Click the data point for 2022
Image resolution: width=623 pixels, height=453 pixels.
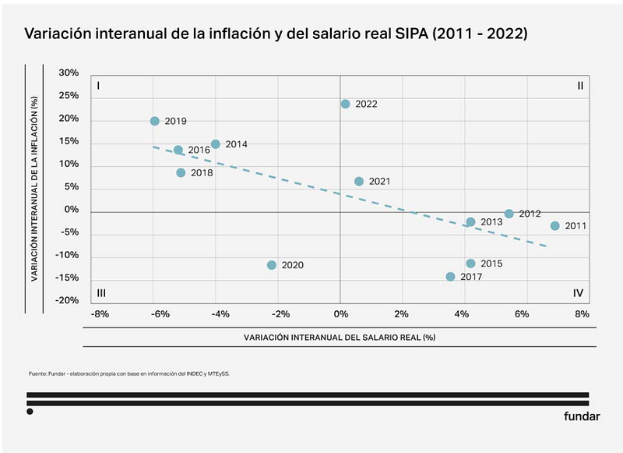[x=345, y=104]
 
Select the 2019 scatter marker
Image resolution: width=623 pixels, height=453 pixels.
[x=155, y=121]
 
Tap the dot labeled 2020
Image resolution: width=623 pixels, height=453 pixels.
[x=272, y=265]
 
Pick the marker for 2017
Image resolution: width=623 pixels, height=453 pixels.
[x=450, y=277]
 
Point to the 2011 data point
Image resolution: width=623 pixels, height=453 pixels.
[x=555, y=226]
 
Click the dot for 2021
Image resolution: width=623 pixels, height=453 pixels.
[x=359, y=181]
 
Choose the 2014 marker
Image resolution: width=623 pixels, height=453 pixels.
[x=216, y=144]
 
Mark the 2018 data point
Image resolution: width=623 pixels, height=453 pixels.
[x=181, y=172]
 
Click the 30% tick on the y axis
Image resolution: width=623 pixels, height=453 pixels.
[x=69, y=73]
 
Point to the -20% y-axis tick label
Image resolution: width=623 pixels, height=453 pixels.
[x=67, y=301]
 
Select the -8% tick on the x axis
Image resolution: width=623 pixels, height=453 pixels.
[x=99, y=314]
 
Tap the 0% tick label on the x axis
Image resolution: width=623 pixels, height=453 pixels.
[x=340, y=314]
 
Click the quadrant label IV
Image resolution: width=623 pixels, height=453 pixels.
[x=579, y=293]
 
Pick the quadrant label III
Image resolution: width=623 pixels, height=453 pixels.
[x=101, y=293]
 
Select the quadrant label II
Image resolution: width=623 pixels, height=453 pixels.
[x=580, y=86]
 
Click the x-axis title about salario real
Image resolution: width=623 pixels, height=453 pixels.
[x=339, y=338]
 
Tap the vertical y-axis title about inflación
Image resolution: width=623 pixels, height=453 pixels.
[x=34, y=188]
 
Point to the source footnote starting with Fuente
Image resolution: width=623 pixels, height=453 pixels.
[x=129, y=373]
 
